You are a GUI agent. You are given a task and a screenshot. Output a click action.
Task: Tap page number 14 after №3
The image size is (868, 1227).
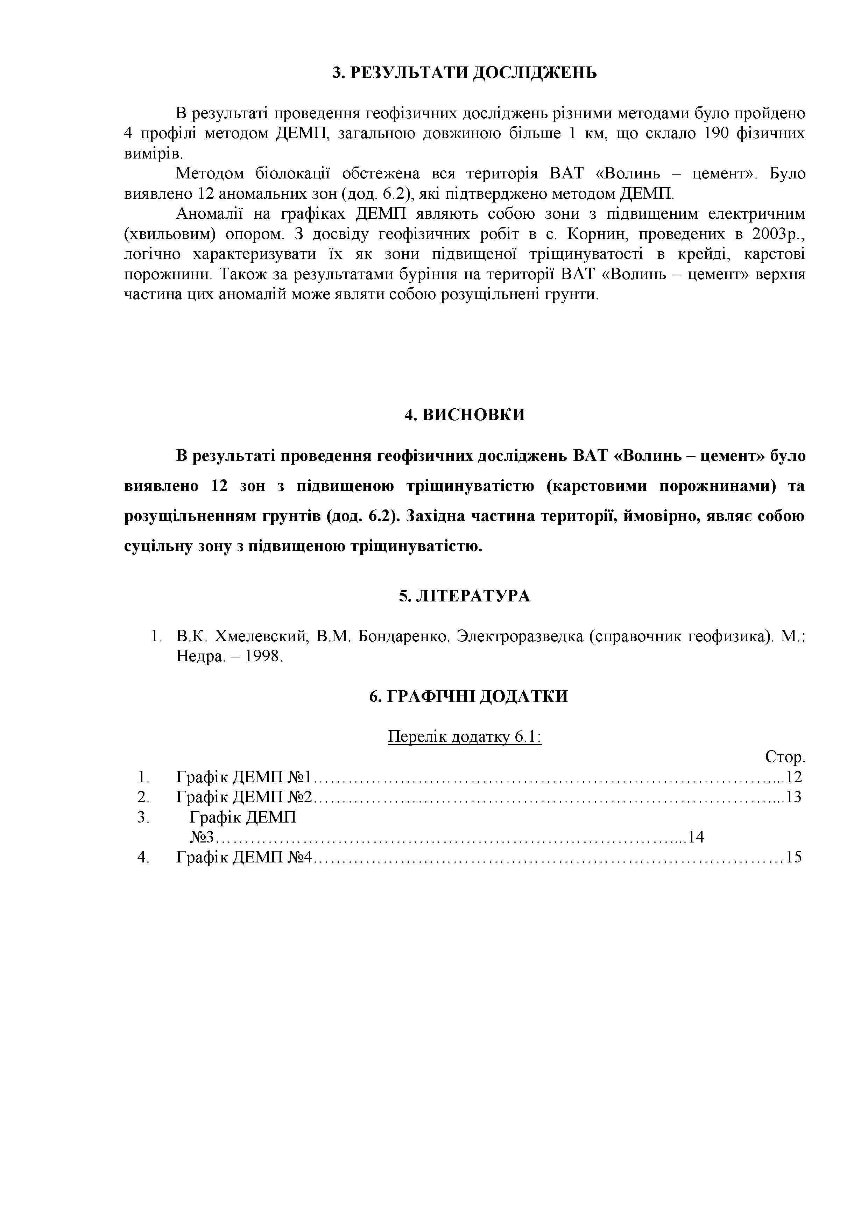696,837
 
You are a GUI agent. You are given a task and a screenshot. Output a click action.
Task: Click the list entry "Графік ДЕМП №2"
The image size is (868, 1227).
244,797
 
